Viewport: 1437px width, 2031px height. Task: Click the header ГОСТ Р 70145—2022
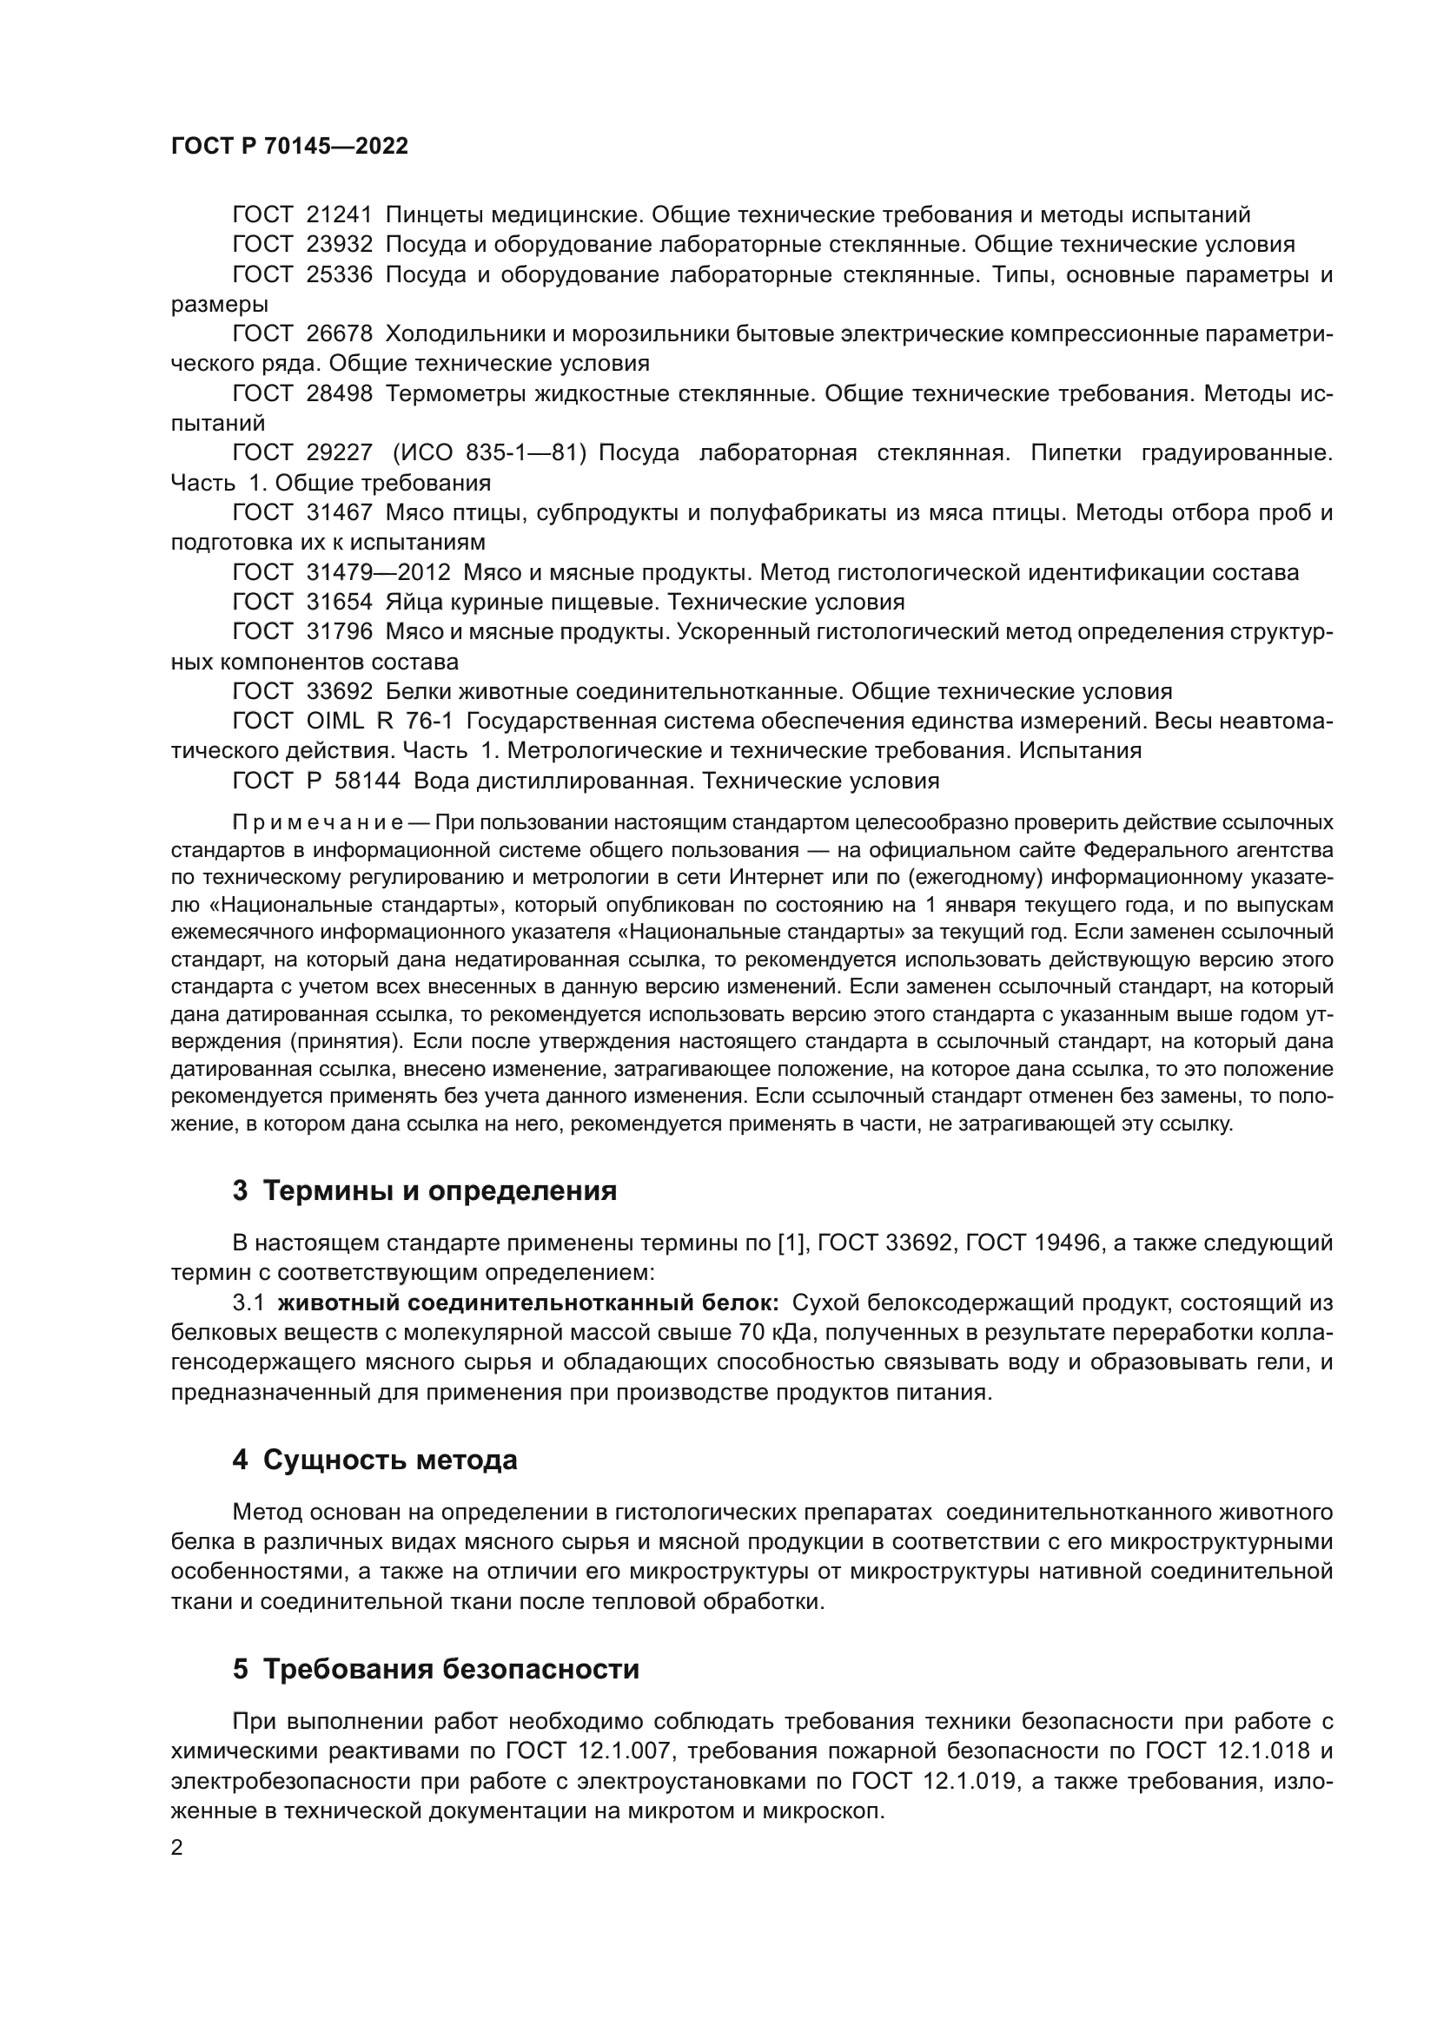289,146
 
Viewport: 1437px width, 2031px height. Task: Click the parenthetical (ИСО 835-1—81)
489,454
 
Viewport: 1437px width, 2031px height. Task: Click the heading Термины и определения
440,1191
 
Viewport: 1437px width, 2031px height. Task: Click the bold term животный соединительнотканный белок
527,1303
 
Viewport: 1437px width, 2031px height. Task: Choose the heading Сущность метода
389,1461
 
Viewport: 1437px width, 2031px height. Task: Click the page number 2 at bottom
177,1848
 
